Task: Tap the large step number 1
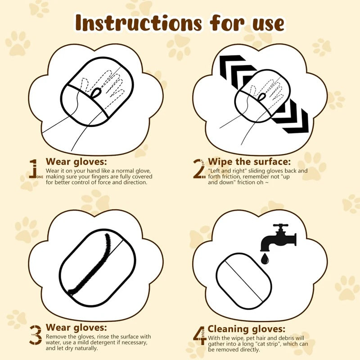33,168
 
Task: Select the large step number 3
36,335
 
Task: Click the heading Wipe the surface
249,162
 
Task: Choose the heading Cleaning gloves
247,329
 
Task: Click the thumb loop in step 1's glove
96,93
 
